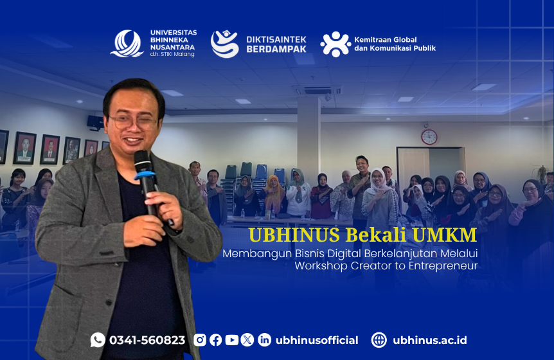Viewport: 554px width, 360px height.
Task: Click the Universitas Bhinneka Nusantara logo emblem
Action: click(x=127, y=44)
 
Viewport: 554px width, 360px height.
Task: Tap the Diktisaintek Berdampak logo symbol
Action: click(x=225, y=44)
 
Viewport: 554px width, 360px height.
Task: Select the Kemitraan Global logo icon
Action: click(x=335, y=44)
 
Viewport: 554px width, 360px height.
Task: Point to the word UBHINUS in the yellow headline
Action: click(x=294, y=235)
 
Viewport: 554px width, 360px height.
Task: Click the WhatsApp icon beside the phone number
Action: click(x=98, y=340)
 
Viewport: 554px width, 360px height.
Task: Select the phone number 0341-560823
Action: click(x=147, y=340)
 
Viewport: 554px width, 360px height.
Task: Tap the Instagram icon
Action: click(x=200, y=340)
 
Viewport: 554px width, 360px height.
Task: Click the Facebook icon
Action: click(x=215, y=340)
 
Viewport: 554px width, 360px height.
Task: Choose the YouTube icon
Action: click(x=232, y=340)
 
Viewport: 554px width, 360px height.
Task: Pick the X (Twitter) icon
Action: click(x=247, y=340)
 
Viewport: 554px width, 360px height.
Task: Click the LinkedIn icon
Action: click(x=264, y=340)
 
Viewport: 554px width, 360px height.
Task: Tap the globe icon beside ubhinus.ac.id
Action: click(x=379, y=340)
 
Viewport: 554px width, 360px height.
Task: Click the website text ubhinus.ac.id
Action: click(x=429, y=340)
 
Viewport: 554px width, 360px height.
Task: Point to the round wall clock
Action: click(x=429, y=137)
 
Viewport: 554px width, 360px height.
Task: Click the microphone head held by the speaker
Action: click(x=143, y=161)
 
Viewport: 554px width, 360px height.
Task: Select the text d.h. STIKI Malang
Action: click(x=172, y=55)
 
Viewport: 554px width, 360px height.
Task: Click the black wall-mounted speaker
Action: click(x=95, y=122)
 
